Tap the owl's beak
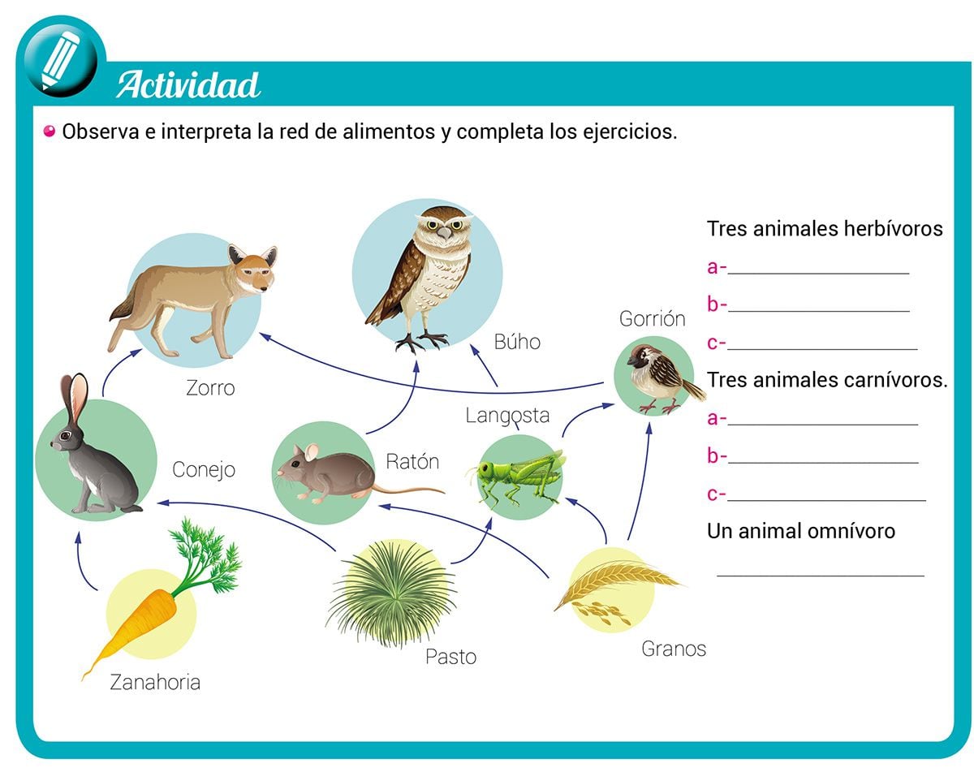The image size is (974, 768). [442, 232]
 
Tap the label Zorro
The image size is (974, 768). [210, 388]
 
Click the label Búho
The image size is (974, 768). [517, 343]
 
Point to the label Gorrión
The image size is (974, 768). [652, 319]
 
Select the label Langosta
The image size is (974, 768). [507, 416]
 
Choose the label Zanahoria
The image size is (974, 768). [155, 682]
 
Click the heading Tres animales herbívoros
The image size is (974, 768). [825, 229]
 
